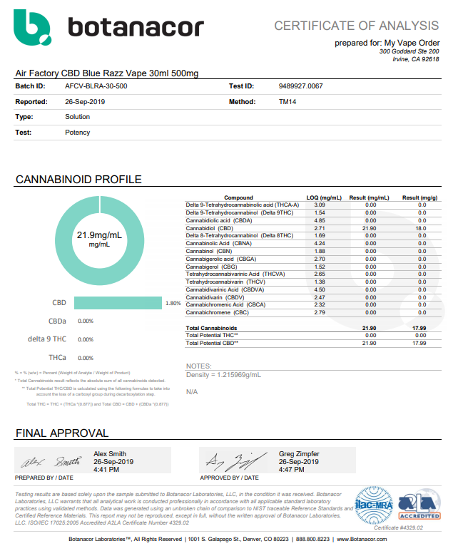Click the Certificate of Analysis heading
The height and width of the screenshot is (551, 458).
click(x=357, y=26)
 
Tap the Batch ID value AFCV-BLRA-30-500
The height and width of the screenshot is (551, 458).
click(x=96, y=86)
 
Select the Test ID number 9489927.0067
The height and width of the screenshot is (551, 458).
click(x=300, y=86)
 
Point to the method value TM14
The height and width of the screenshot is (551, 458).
click(x=287, y=101)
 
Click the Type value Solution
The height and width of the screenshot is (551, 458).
click(x=78, y=117)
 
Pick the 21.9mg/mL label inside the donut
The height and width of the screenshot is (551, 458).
click(x=99, y=235)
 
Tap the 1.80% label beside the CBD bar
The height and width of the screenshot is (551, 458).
click(x=173, y=303)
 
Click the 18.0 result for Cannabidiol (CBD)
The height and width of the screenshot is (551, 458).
click(x=422, y=227)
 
